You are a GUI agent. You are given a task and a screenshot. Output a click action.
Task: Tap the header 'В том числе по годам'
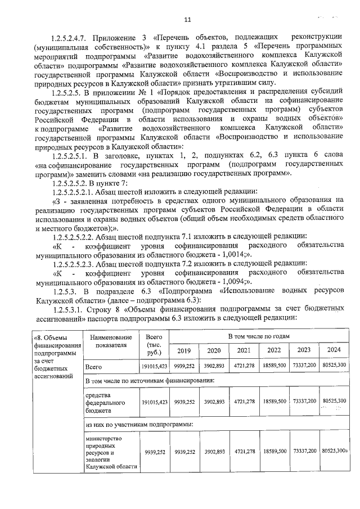(259, 336)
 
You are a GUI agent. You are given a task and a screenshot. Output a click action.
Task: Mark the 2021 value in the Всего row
(244, 366)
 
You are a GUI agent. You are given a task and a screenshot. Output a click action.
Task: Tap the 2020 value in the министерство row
(214, 451)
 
